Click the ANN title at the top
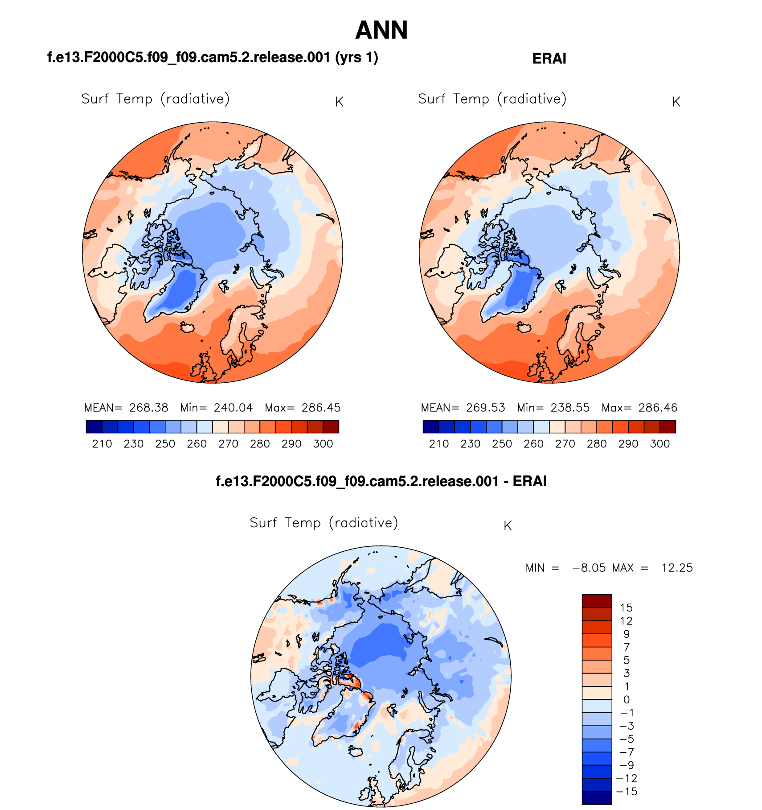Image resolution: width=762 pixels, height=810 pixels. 381,30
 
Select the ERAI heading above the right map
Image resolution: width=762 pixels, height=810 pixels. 549,58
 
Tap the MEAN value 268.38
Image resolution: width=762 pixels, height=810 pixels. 149,408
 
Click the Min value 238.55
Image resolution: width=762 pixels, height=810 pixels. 570,408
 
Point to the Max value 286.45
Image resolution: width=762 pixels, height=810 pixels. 321,408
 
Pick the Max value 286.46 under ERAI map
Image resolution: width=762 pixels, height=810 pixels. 658,408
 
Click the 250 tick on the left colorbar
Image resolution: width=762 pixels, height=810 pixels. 165,444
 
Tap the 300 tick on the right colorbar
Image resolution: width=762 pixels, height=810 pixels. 660,444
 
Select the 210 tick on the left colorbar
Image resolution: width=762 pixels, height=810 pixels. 102,444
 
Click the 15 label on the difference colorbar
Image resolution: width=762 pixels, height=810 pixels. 626,607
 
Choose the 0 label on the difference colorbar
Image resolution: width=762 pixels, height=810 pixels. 627,699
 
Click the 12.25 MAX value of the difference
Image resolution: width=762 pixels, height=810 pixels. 677,568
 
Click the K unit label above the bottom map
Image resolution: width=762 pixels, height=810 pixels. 508,526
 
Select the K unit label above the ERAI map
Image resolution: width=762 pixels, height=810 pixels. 676,102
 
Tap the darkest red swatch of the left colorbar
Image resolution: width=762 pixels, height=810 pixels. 331,426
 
